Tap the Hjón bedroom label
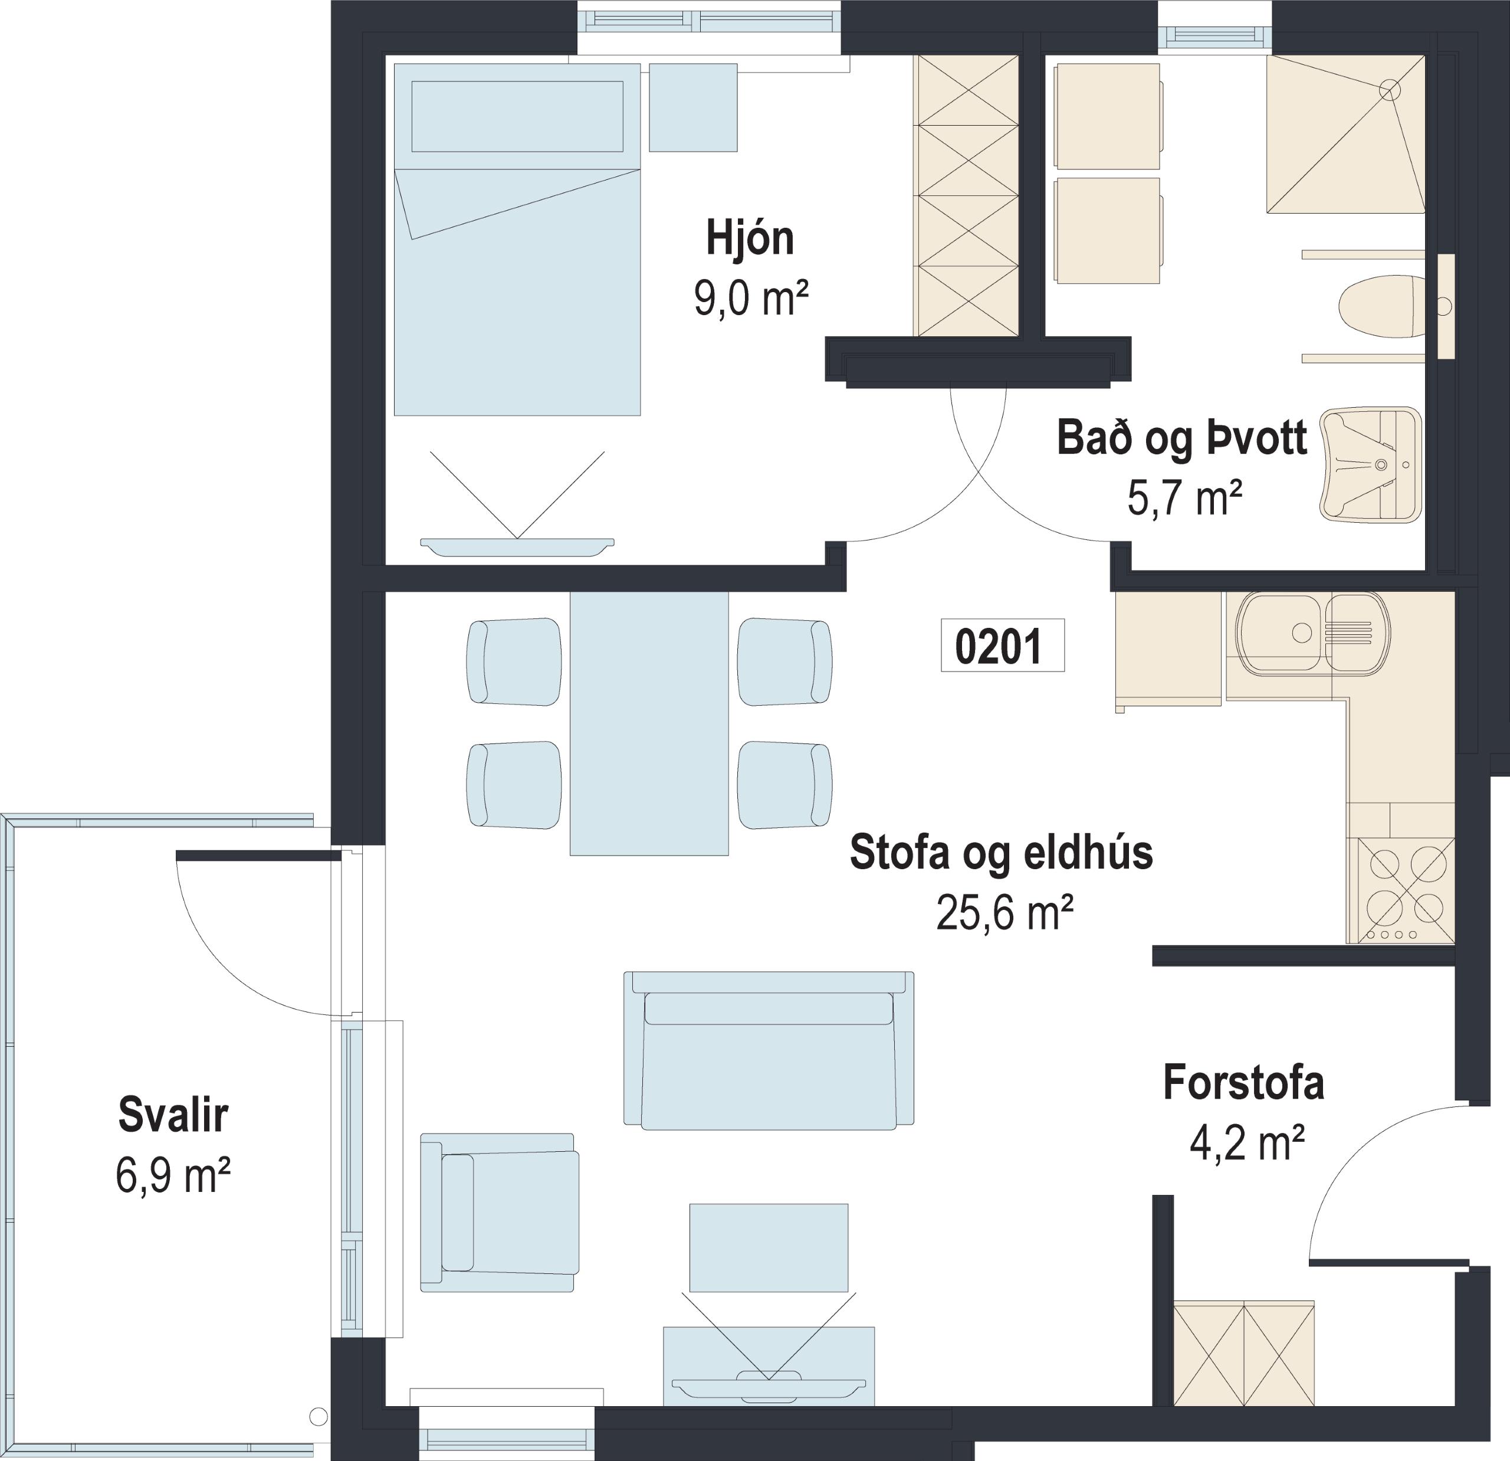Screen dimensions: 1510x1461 coord(750,240)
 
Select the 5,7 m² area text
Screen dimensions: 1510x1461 coord(1184,499)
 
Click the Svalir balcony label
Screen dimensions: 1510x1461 coord(173,1115)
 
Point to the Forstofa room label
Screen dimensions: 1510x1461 coord(1243,1083)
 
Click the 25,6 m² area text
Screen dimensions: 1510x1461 coord(1005,913)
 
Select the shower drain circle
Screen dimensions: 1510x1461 coord(1389,90)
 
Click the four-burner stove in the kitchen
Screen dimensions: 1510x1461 coord(1400,890)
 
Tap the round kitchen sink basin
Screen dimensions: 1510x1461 coord(1281,633)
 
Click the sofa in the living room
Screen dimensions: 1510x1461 coord(768,1050)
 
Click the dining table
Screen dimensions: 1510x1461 coord(649,723)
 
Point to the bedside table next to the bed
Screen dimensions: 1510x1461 coord(692,107)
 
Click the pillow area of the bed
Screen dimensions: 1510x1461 coord(517,116)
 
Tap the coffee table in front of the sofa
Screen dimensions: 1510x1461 coord(768,1247)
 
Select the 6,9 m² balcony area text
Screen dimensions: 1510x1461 coord(173,1175)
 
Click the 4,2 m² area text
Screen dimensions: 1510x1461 coord(1246,1144)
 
